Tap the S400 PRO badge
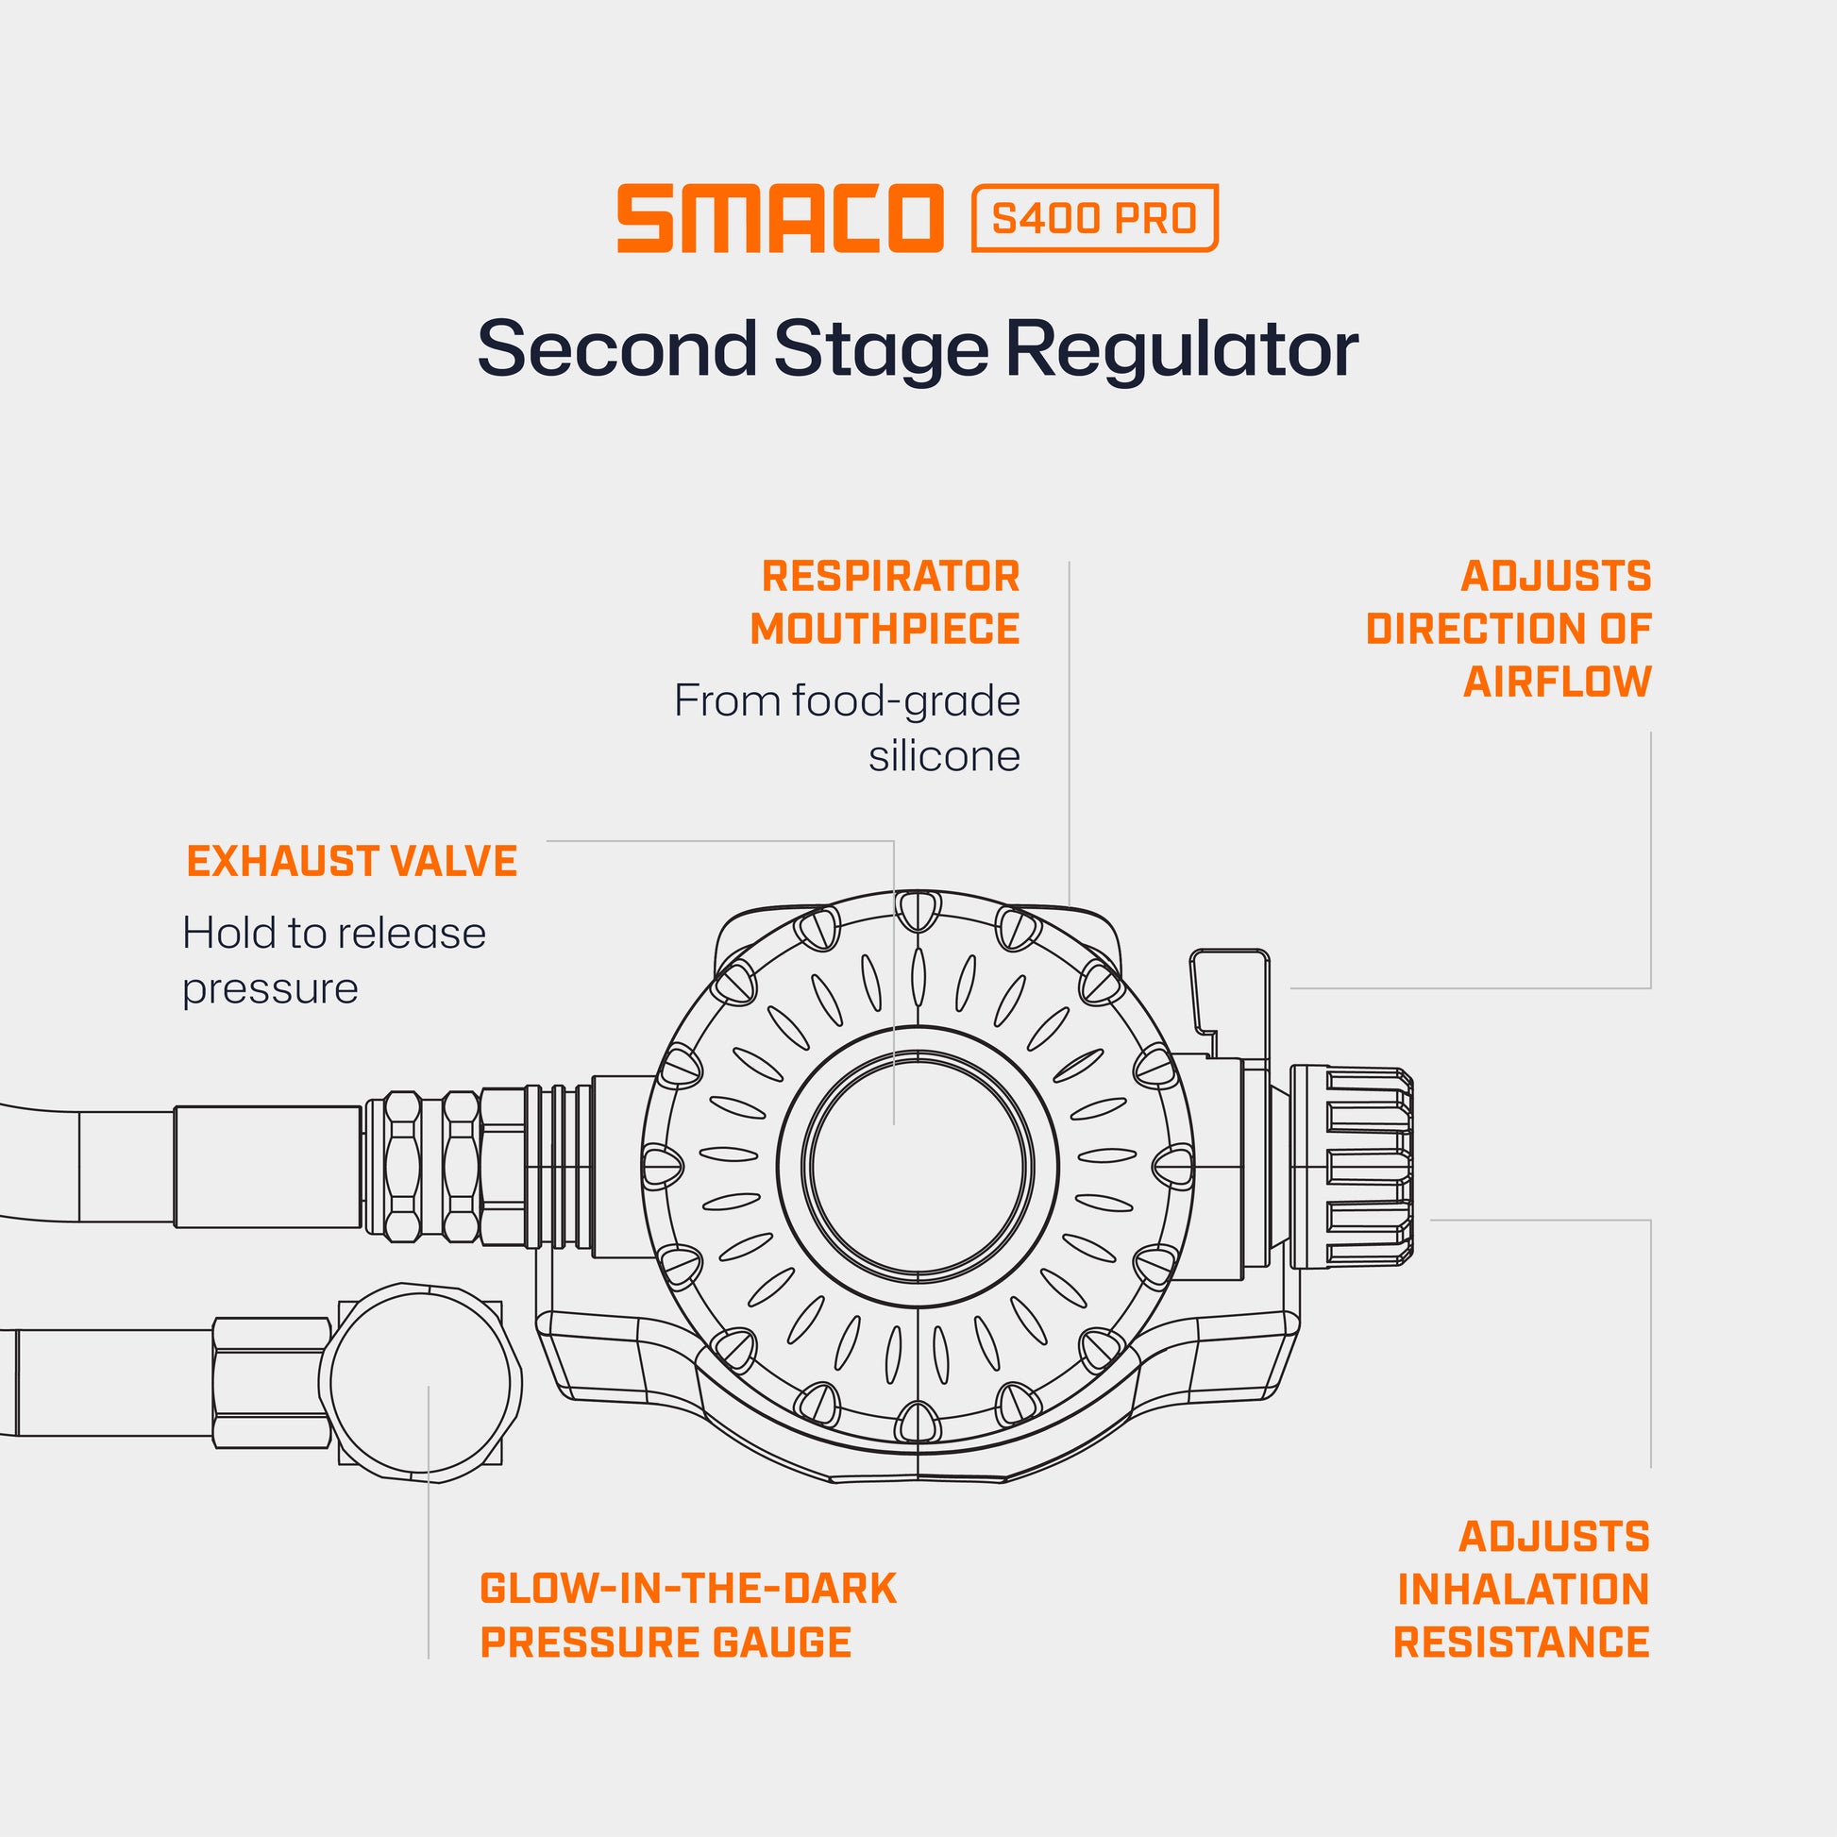click(1093, 219)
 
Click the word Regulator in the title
click(1182, 350)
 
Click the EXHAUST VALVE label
click(352, 862)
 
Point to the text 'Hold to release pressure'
click(333, 960)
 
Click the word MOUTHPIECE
click(885, 630)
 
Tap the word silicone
click(944, 757)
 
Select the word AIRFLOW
click(1557, 683)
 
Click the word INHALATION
click(1524, 1510)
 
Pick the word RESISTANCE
click(1522, 1563)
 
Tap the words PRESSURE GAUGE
click(666, 1563)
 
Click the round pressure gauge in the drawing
click(420, 1381)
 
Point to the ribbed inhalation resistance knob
click(1350, 1166)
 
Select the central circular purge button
click(918, 1166)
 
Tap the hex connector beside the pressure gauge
click(270, 1382)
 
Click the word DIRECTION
click(1508, 630)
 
